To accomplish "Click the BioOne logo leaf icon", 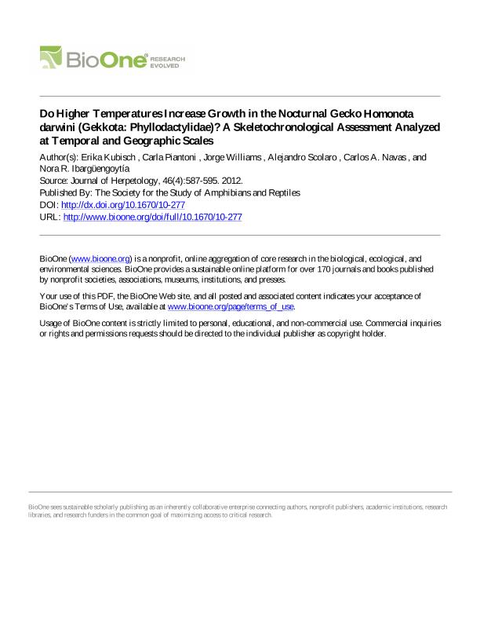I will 52,57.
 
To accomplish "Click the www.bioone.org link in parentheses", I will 100,258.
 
